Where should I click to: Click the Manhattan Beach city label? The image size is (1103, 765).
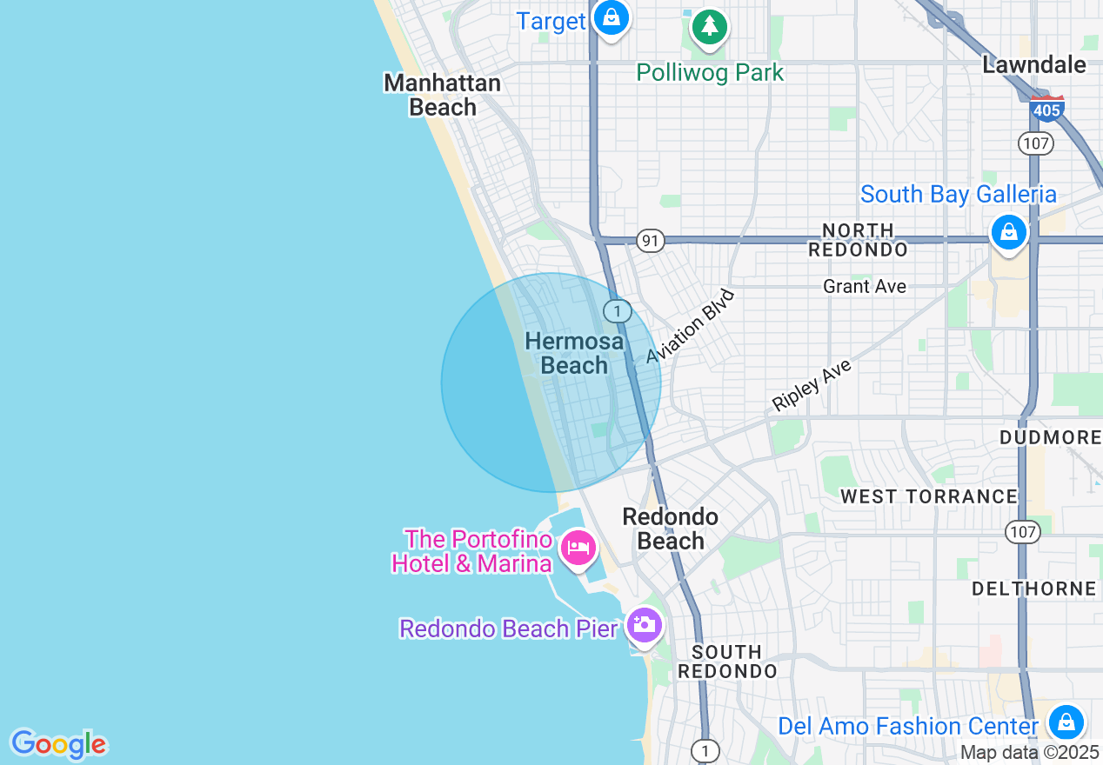443,95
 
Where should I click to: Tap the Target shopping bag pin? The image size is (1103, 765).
611,18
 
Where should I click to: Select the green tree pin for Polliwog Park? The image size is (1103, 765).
710,26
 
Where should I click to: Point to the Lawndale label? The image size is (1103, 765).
1034,64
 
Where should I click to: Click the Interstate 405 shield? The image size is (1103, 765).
1046,109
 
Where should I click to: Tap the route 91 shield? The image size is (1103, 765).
650,241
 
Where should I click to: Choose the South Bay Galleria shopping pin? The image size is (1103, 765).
1008,232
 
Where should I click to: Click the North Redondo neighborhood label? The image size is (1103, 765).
858,240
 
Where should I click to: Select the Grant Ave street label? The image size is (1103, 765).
865,286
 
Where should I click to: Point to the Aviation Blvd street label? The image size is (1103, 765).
691,326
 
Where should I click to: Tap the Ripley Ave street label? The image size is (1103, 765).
812,385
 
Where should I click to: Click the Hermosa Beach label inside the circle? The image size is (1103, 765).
574,353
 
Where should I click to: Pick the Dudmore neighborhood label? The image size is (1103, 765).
1051,436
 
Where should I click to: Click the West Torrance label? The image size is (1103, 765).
928,496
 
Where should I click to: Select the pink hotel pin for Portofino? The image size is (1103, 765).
578,549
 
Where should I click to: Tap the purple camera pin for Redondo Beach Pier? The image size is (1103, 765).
644,624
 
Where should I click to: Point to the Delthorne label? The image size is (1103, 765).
1033,589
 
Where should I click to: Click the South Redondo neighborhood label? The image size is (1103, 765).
727,662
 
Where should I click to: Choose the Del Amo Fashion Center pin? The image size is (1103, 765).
1066,722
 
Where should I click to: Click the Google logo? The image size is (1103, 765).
58,744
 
